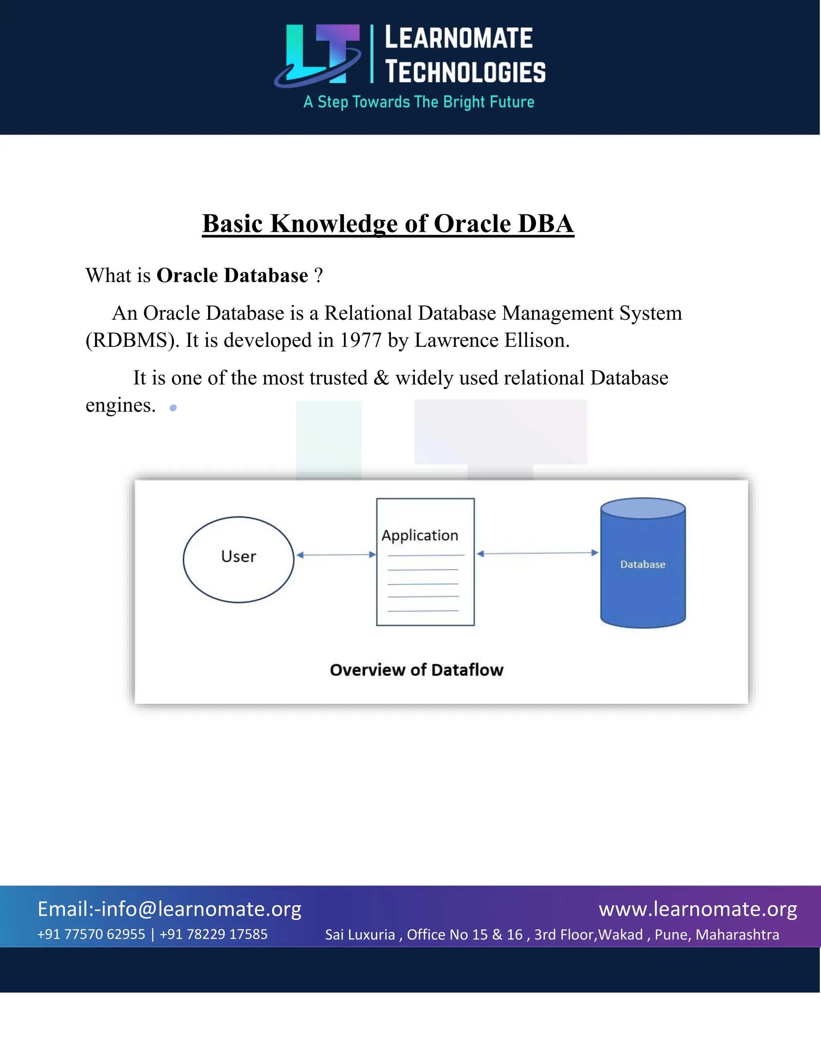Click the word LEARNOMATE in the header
(459, 38)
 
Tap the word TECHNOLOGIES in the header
(465, 72)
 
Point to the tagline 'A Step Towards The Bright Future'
(419, 102)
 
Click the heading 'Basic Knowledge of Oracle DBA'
(388, 224)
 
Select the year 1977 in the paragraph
(360, 340)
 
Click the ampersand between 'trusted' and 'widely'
(381, 378)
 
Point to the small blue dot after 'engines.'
(173, 408)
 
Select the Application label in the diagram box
(420, 535)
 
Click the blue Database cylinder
(643, 564)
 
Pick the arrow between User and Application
(336, 555)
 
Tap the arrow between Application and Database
(538, 553)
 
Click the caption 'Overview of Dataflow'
(417, 670)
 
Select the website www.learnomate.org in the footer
(698, 909)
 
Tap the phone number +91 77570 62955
(91, 934)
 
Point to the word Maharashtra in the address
(737, 935)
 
